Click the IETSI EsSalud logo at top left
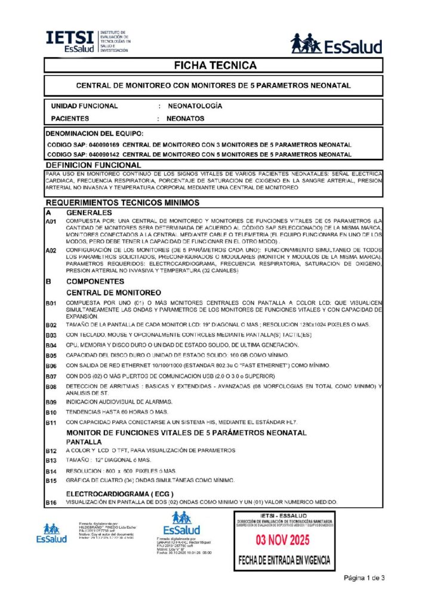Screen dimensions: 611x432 pyautogui.click(x=88, y=41)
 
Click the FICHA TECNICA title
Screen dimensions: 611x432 pyautogui.click(x=215, y=65)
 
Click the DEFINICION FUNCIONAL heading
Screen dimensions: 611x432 pyautogui.click(x=93, y=164)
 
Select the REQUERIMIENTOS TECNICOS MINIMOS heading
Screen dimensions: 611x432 pyautogui.click(x=113, y=203)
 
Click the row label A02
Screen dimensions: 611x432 pyautogui.click(x=52, y=251)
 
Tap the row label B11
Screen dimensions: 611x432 pyautogui.click(x=51, y=422)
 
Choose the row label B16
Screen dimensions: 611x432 pyautogui.click(x=51, y=503)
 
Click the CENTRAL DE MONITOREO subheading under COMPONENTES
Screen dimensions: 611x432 pyautogui.click(x=113, y=292)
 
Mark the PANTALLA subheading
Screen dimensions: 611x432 pyautogui.click(x=85, y=441)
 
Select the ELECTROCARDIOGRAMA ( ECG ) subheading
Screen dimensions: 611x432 pyautogui.click(x=119, y=494)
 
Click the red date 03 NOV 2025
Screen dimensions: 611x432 pyautogui.click(x=283, y=541)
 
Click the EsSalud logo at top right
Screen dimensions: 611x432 pyautogui.click(x=336, y=44)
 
